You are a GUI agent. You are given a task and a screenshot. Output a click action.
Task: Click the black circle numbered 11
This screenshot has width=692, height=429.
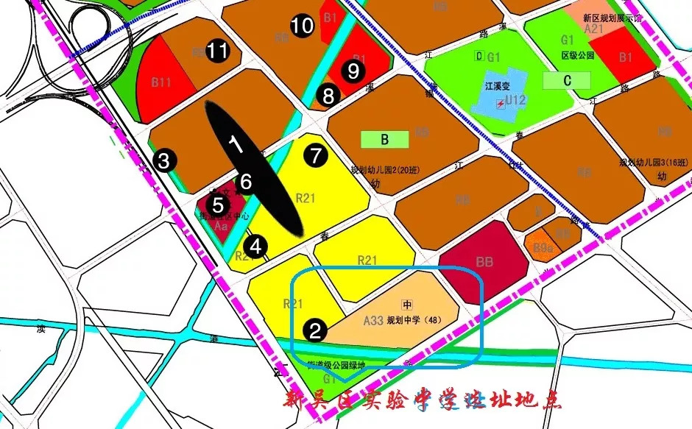pyautogui.click(x=217, y=51)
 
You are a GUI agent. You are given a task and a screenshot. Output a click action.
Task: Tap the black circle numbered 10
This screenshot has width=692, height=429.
pyautogui.click(x=302, y=26)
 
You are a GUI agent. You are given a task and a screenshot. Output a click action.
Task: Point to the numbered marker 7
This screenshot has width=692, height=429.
pyautogui.click(x=316, y=155)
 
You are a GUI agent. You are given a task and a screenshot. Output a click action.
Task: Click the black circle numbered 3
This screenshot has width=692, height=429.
pyautogui.click(x=165, y=160)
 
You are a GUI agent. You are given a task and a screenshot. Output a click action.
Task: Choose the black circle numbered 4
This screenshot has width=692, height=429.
pyautogui.click(x=256, y=246)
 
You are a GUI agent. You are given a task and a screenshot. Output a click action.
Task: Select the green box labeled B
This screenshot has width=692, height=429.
pyautogui.click(x=384, y=138)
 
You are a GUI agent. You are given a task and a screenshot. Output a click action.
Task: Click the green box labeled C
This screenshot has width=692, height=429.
pyautogui.click(x=567, y=81)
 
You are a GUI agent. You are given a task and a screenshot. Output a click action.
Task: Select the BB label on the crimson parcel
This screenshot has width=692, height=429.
pyautogui.click(x=484, y=261)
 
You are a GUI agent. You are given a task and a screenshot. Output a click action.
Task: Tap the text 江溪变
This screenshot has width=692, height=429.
pyautogui.click(x=498, y=85)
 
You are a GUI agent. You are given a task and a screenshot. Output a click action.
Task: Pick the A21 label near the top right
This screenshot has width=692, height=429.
pyautogui.click(x=593, y=29)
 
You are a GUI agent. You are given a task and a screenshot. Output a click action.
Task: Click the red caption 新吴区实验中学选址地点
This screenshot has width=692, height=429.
pyautogui.click(x=423, y=402)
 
